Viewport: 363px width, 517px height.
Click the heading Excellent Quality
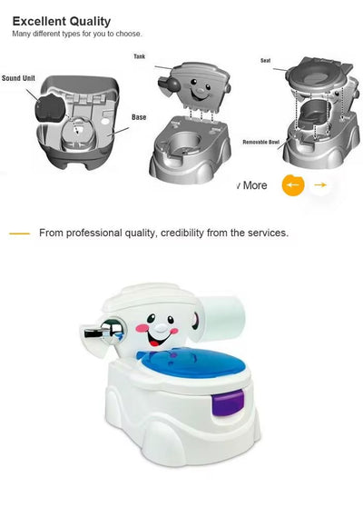coord(62,21)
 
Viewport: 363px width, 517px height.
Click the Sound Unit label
coord(17,78)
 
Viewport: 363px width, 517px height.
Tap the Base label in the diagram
coord(139,117)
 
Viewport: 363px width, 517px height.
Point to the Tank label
coord(140,56)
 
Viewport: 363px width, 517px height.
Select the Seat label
coord(265,60)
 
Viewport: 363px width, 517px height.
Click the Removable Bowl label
coord(260,143)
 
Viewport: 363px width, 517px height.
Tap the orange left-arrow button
coord(292,185)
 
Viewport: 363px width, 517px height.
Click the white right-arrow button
coord(319,185)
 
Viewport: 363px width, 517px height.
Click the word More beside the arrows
coord(254,185)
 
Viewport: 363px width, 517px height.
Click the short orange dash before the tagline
coord(19,234)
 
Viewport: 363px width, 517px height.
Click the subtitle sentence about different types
coord(76,35)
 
